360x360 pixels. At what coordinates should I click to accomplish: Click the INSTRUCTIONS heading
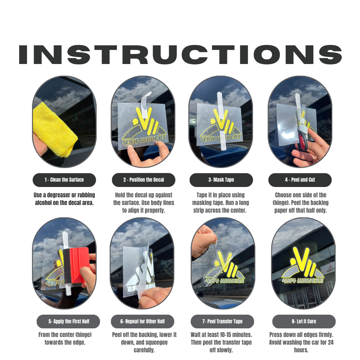point(180,54)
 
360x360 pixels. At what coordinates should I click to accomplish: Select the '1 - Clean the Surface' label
point(64,180)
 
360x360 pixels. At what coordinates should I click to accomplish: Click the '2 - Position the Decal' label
point(143,180)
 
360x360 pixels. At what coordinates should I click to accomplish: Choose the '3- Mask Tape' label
point(221,180)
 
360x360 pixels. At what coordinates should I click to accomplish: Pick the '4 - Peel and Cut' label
point(300,180)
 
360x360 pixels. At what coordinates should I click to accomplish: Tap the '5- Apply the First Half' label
point(68,322)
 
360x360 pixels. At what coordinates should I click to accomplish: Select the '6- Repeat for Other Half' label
point(142,322)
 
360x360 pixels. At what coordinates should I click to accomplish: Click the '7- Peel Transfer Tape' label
point(222,322)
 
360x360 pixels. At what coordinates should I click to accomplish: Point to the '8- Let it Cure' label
point(304,322)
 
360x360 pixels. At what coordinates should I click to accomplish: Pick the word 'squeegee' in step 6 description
point(160,342)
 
